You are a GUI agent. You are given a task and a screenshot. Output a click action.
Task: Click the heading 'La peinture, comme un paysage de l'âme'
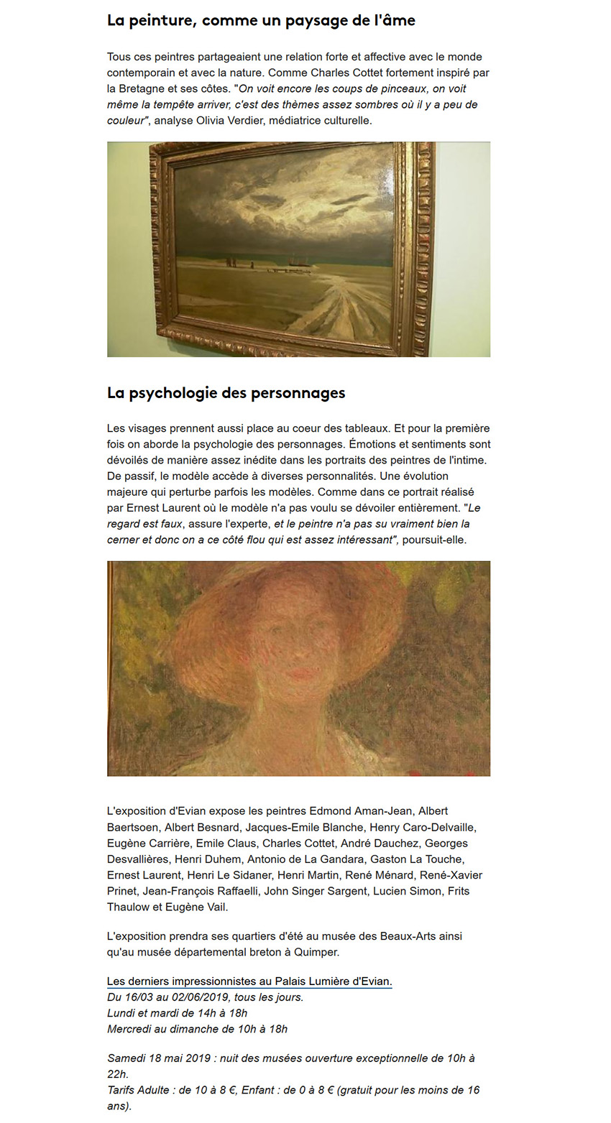(261, 21)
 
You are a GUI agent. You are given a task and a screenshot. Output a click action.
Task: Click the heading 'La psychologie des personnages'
(226, 393)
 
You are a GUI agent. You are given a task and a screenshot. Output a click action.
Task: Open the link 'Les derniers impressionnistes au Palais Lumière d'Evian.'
(249, 981)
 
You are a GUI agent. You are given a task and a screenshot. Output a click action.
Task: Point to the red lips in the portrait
(303, 675)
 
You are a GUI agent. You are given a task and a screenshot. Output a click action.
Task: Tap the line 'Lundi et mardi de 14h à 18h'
(177, 1013)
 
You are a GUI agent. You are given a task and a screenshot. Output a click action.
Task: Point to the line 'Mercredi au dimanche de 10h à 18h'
(197, 1029)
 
